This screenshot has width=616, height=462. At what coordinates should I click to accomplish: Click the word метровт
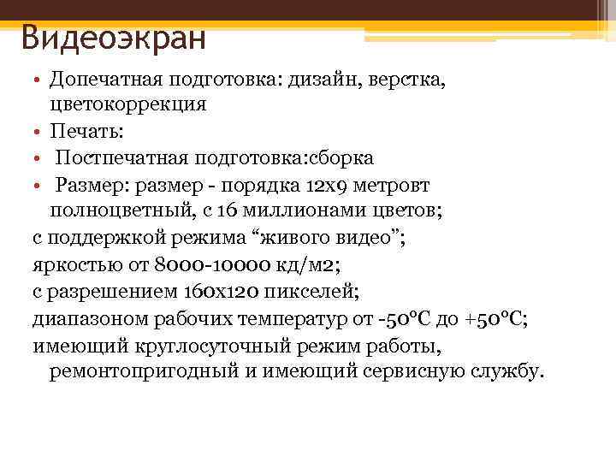(x=394, y=185)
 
